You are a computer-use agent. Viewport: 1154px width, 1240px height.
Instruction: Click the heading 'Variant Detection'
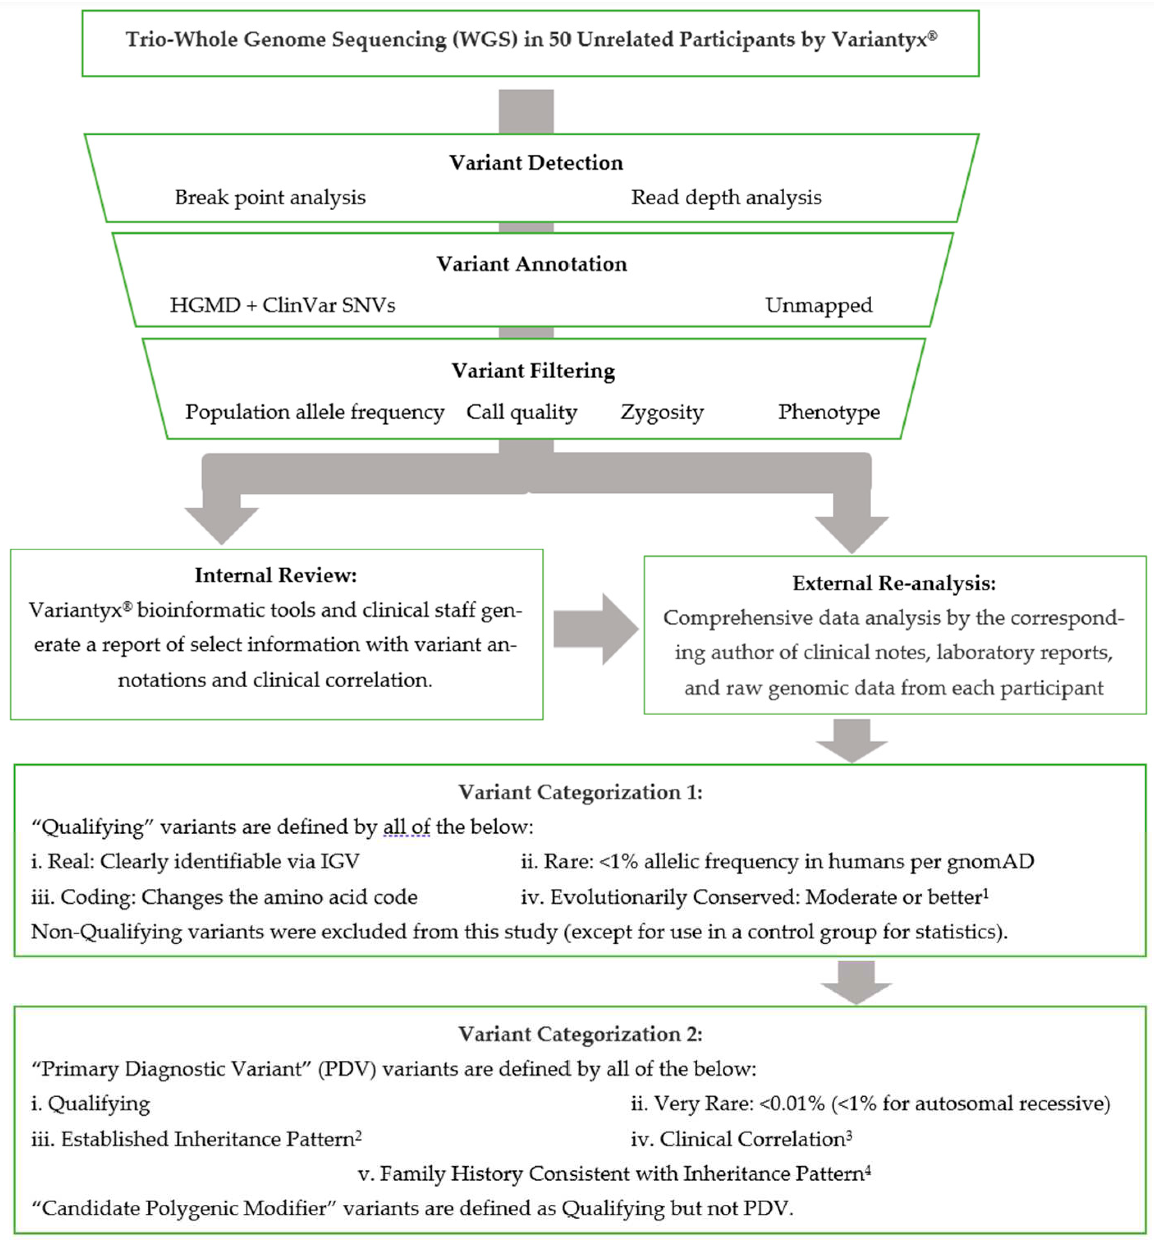[x=536, y=163]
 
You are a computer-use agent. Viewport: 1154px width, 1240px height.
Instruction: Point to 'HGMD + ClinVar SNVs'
[x=283, y=305]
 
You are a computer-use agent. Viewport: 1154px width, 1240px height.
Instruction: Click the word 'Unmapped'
[x=818, y=305]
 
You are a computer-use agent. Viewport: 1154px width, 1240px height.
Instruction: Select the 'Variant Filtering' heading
[x=533, y=371]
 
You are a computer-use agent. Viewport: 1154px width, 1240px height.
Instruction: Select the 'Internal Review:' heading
[x=276, y=575]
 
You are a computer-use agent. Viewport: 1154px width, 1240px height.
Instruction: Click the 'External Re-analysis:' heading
[x=894, y=583]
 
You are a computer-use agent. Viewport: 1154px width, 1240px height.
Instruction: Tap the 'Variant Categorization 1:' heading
[x=580, y=792]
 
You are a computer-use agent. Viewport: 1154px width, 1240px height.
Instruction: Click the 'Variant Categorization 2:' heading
[x=580, y=1034]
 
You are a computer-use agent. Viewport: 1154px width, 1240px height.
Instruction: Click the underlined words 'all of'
[x=406, y=827]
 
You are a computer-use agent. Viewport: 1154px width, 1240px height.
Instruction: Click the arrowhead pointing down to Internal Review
[x=222, y=524]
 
